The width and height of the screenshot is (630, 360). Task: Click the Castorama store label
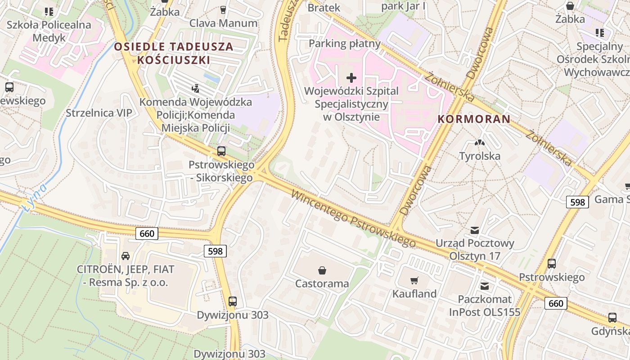tap(322, 283)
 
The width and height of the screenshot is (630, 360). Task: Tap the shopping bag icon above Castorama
tap(322, 270)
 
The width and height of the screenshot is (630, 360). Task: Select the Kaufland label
tap(414, 294)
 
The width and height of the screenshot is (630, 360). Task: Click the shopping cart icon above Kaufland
tap(414, 281)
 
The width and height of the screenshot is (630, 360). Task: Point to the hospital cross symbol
tap(351, 78)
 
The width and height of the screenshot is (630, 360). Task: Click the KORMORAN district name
tap(474, 119)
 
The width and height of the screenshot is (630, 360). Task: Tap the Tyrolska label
tap(480, 156)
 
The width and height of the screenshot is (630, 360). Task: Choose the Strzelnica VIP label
tap(99, 113)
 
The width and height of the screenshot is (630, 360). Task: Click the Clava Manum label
tap(223, 23)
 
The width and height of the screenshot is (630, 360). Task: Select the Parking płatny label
tap(345, 44)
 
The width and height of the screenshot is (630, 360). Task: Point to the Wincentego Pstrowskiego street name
tap(353, 219)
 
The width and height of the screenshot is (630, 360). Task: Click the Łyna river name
tap(34, 196)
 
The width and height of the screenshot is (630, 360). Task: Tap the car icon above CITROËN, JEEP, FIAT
tap(126, 256)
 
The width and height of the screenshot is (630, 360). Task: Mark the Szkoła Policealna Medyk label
tap(49, 31)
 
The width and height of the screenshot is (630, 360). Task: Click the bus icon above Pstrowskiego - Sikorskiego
tap(221, 151)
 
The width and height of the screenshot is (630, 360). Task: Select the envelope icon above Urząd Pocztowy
tap(475, 230)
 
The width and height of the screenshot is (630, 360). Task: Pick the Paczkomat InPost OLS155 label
tap(484, 306)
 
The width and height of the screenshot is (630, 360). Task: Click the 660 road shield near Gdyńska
tap(556, 303)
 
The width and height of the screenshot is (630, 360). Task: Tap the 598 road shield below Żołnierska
tap(577, 202)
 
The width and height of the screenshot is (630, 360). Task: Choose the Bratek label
tap(324, 8)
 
